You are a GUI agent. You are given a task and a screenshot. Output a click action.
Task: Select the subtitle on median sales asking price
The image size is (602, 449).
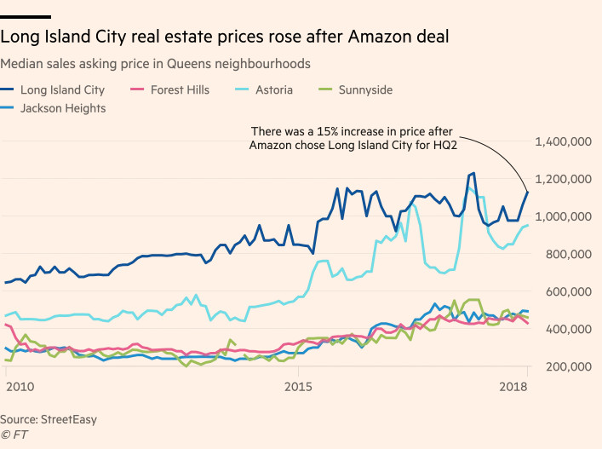point(155,64)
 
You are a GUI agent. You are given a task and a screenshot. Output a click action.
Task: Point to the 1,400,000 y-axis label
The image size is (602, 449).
point(563,141)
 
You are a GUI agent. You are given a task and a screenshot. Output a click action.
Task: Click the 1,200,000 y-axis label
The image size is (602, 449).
point(563,179)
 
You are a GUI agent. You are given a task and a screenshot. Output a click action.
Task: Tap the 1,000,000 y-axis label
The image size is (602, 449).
point(563,216)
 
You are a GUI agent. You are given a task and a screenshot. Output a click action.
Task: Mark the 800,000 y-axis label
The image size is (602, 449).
point(568,254)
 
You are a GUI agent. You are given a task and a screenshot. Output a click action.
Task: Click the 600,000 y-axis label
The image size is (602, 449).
point(568,291)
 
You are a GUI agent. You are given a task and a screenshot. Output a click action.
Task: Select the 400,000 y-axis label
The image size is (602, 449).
point(568,329)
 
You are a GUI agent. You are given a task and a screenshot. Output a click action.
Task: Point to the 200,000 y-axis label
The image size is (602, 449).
point(568,366)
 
